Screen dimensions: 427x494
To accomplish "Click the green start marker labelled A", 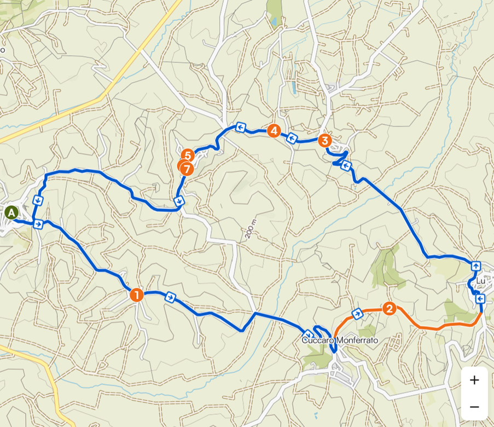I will (x=11, y=212).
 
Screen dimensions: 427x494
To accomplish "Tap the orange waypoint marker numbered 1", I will (x=136, y=295).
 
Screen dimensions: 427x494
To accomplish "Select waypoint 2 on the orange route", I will (x=390, y=309).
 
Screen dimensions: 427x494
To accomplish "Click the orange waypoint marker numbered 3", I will (x=324, y=141).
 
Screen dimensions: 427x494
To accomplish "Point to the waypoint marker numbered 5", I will (x=188, y=155).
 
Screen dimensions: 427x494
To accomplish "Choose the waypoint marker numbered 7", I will (x=187, y=169).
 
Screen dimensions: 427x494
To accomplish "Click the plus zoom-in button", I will (x=474, y=380).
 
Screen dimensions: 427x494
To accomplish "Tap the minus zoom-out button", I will (x=474, y=407).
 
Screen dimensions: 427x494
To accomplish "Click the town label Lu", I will (x=481, y=281).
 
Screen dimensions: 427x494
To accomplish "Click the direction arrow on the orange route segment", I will (x=357, y=314).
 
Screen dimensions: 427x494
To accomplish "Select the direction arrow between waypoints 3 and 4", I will (x=292, y=139).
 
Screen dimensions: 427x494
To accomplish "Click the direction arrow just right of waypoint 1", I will (x=171, y=297).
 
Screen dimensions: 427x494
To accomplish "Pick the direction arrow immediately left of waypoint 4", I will (x=240, y=128).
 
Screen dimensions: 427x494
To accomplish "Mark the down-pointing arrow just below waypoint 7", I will (x=179, y=201).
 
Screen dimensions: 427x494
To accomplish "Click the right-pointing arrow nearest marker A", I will (x=38, y=224).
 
